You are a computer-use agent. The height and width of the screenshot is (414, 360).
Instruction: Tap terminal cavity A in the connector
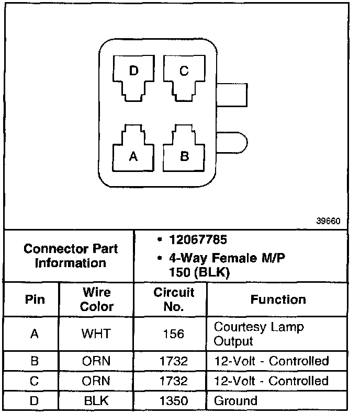point(133,152)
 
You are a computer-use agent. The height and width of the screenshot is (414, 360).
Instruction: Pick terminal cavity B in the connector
point(184,152)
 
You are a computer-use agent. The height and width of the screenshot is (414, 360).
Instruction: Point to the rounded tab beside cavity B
point(232,143)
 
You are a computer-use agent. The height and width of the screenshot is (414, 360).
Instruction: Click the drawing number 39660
point(329,221)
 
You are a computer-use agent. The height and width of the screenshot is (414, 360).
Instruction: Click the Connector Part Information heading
point(71,256)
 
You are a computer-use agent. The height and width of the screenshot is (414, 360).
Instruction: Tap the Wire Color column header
point(96,299)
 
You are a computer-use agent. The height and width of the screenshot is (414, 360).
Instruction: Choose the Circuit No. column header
point(173,299)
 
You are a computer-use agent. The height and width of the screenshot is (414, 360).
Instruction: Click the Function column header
point(278,300)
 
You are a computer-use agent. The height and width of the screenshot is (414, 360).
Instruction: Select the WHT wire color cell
point(96,334)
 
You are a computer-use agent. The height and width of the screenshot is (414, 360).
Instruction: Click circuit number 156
point(173,334)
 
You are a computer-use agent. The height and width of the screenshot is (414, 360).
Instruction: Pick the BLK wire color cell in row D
point(96,401)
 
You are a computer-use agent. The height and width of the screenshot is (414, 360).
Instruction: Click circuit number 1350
point(173,401)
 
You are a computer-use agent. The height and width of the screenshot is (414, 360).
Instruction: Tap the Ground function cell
point(236,401)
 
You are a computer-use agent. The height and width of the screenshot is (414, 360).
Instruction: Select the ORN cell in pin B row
point(96,361)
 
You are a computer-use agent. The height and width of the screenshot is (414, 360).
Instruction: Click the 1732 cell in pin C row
point(173,381)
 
